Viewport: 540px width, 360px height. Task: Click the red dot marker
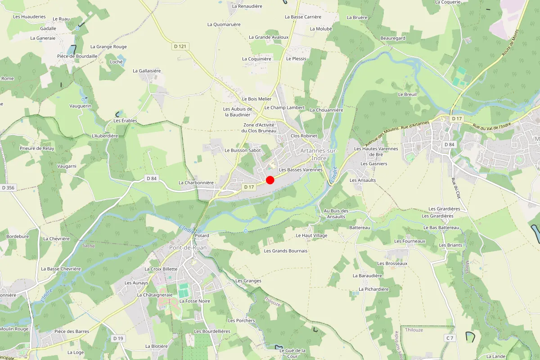click(x=270, y=180)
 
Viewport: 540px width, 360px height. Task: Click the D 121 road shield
click(x=181, y=46)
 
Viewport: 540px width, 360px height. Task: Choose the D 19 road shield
click(x=118, y=338)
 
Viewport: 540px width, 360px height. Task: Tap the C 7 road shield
click(x=450, y=337)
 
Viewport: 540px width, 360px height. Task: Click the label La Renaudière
click(x=247, y=6)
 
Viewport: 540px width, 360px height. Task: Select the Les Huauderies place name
click(x=29, y=17)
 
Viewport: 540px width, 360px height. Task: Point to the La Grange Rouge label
click(x=108, y=47)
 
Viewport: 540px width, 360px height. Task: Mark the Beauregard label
click(x=393, y=38)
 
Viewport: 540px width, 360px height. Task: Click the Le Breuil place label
click(x=407, y=94)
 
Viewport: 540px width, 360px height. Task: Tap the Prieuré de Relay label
click(x=37, y=148)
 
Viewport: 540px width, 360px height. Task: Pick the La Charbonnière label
click(x=196, y=183)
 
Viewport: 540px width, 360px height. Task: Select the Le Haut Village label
click(x=311, y=235)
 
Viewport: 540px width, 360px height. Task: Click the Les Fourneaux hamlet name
click(x=409, y=241)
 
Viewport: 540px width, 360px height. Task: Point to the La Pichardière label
click(x=373, y=289)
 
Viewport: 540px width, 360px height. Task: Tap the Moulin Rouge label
click(x=14, y=329)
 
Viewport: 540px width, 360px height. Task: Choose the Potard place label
click(x=202, y=236)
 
